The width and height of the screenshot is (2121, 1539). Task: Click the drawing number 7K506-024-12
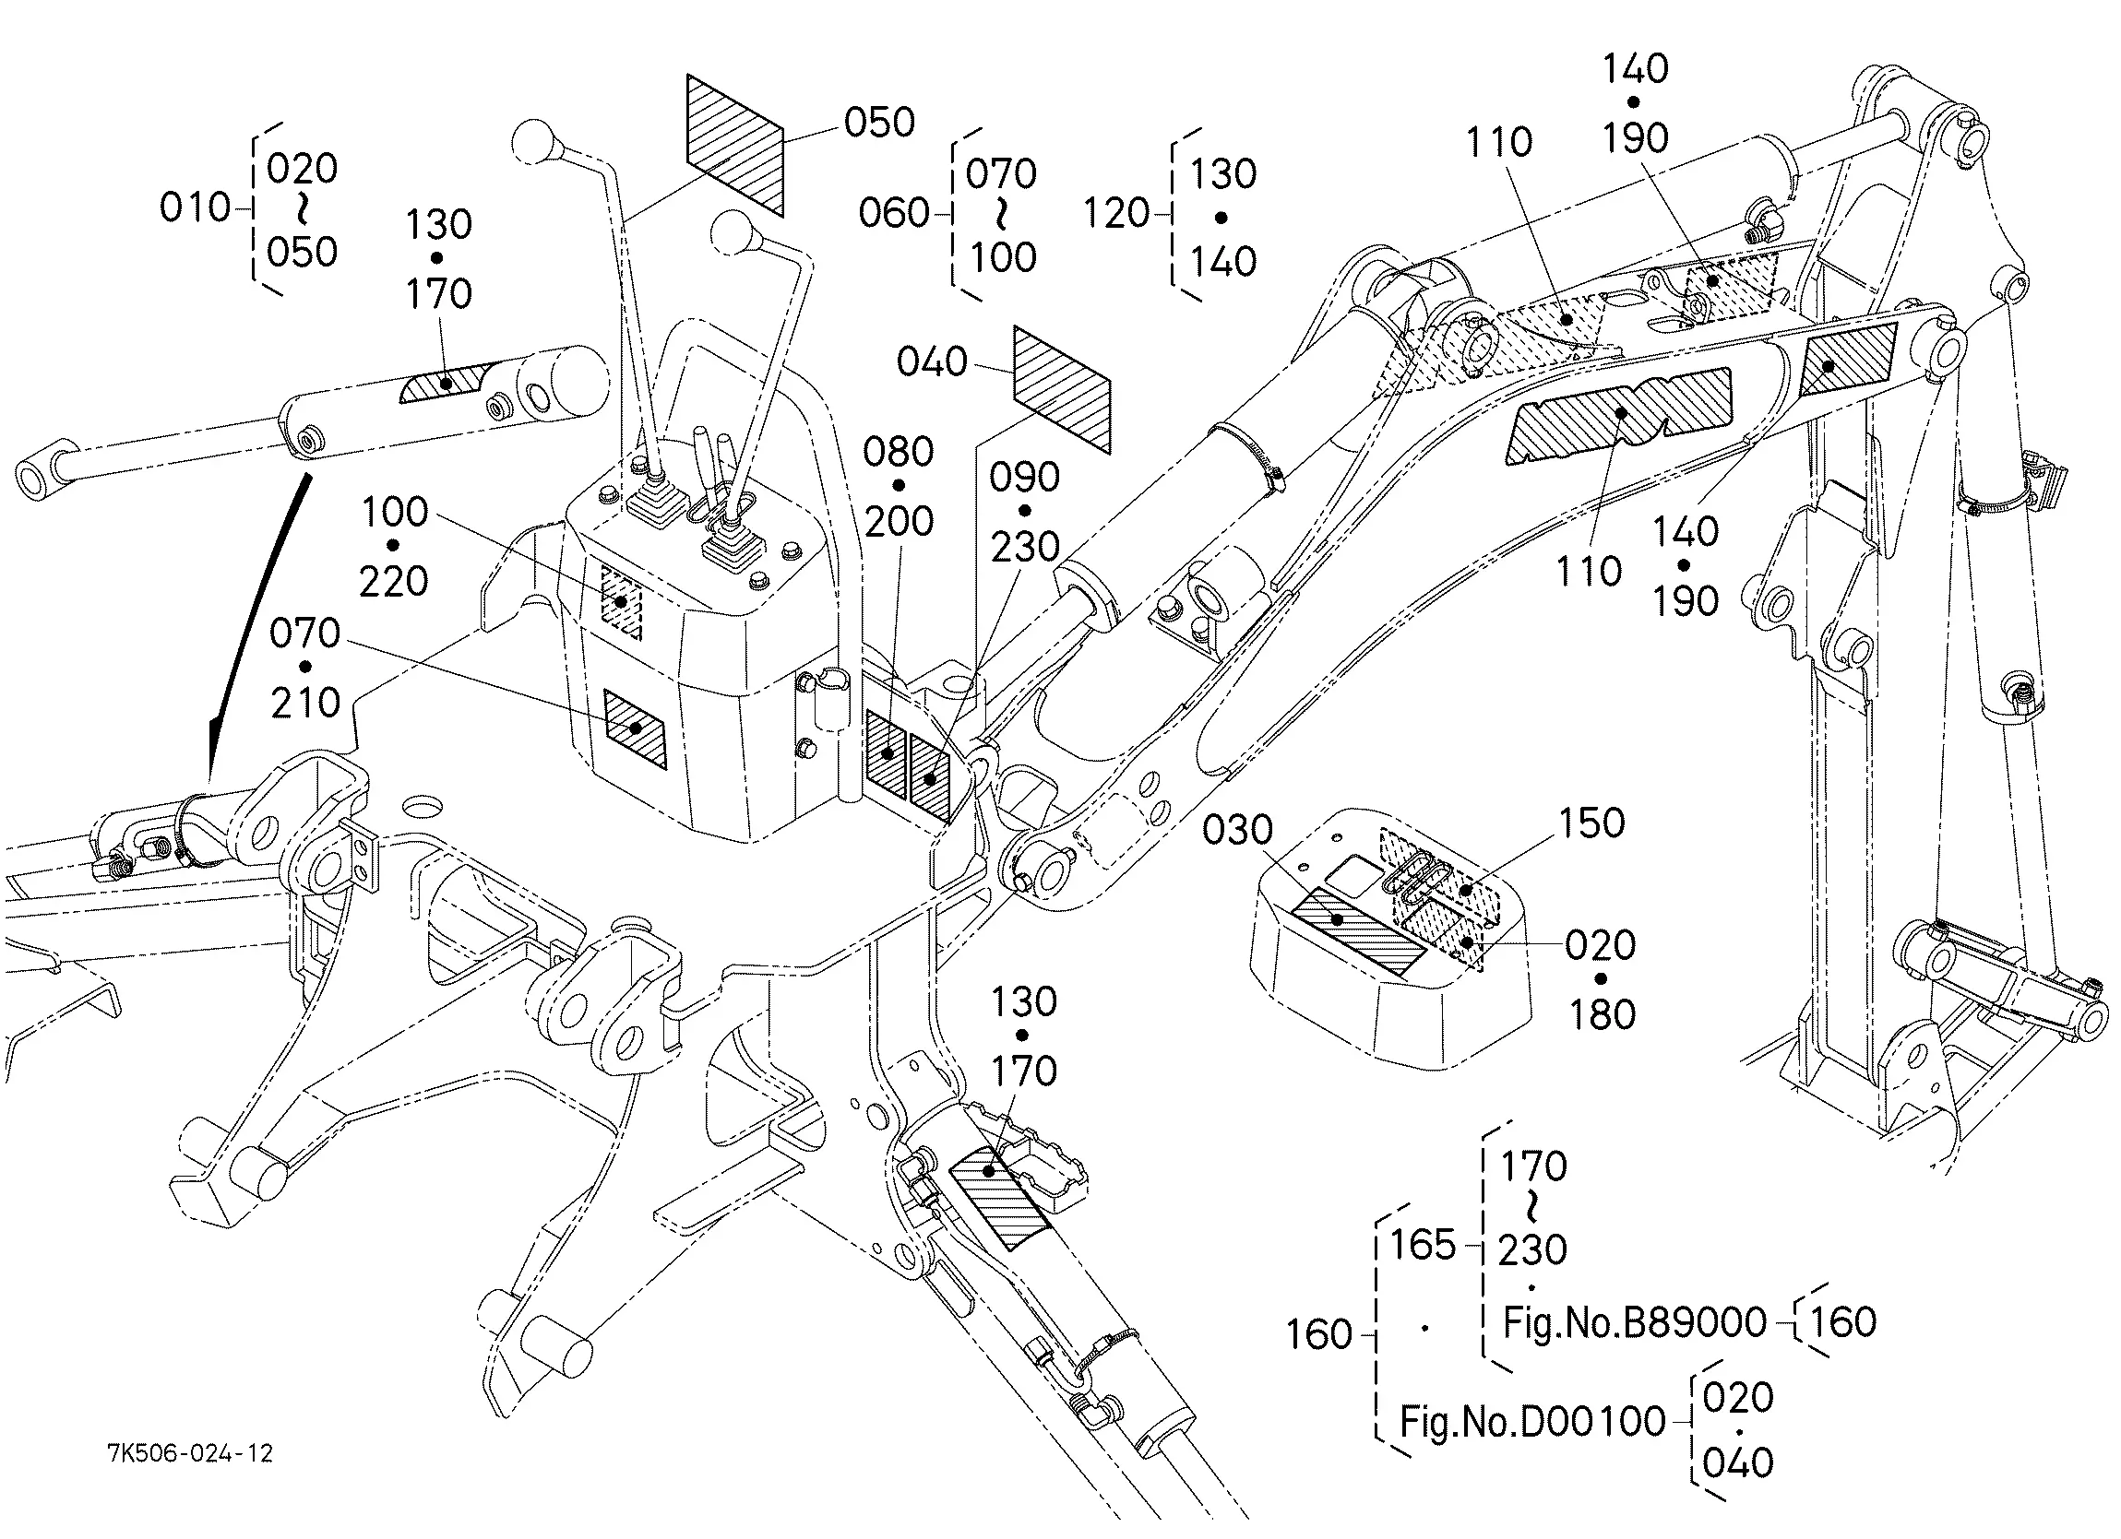pos(190,1453)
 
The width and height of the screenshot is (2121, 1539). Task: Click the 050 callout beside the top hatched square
pos(879,123)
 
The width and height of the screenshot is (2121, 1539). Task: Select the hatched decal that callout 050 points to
pos(735,145)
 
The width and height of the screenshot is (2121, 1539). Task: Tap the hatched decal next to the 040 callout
pos(1063,389)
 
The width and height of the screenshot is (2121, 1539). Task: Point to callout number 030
pos(1237,829)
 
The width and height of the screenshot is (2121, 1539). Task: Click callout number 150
pos(1591,823)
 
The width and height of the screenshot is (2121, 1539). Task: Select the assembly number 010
pos(195,207)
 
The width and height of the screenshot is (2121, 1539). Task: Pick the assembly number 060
pos(893,213)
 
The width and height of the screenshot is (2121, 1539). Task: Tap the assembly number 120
pos(1115,213)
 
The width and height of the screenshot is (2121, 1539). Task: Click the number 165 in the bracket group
pos(1423,1245)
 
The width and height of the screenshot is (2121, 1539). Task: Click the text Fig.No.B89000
pos(1635,1322)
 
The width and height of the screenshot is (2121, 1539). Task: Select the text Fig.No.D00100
pos(1531,1421)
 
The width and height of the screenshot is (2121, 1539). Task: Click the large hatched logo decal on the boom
pos(1618,415)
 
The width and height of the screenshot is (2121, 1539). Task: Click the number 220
pos(394,582)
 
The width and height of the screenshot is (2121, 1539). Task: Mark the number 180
pos(1603,1014)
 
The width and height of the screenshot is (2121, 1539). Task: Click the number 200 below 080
pos(899,522)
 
